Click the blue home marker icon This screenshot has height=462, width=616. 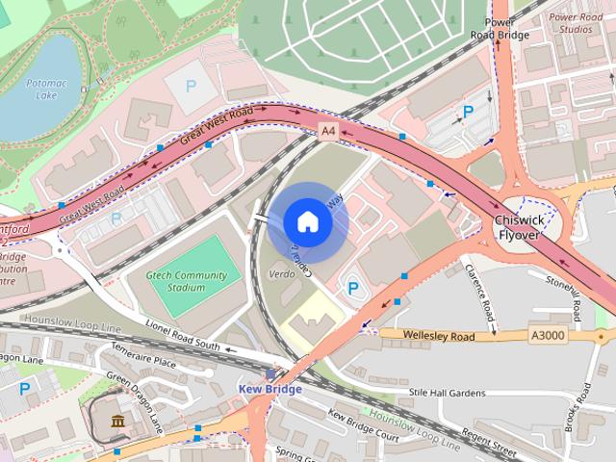coord(307,222)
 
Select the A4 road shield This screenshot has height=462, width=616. coord(329,130)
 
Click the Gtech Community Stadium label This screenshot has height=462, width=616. coord(187,281)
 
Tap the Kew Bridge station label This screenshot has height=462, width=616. coord(269,389)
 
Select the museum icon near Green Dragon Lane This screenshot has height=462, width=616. coord(116,422)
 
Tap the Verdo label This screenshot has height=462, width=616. coord(282,274)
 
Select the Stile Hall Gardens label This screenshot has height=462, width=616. coord(447,392)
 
